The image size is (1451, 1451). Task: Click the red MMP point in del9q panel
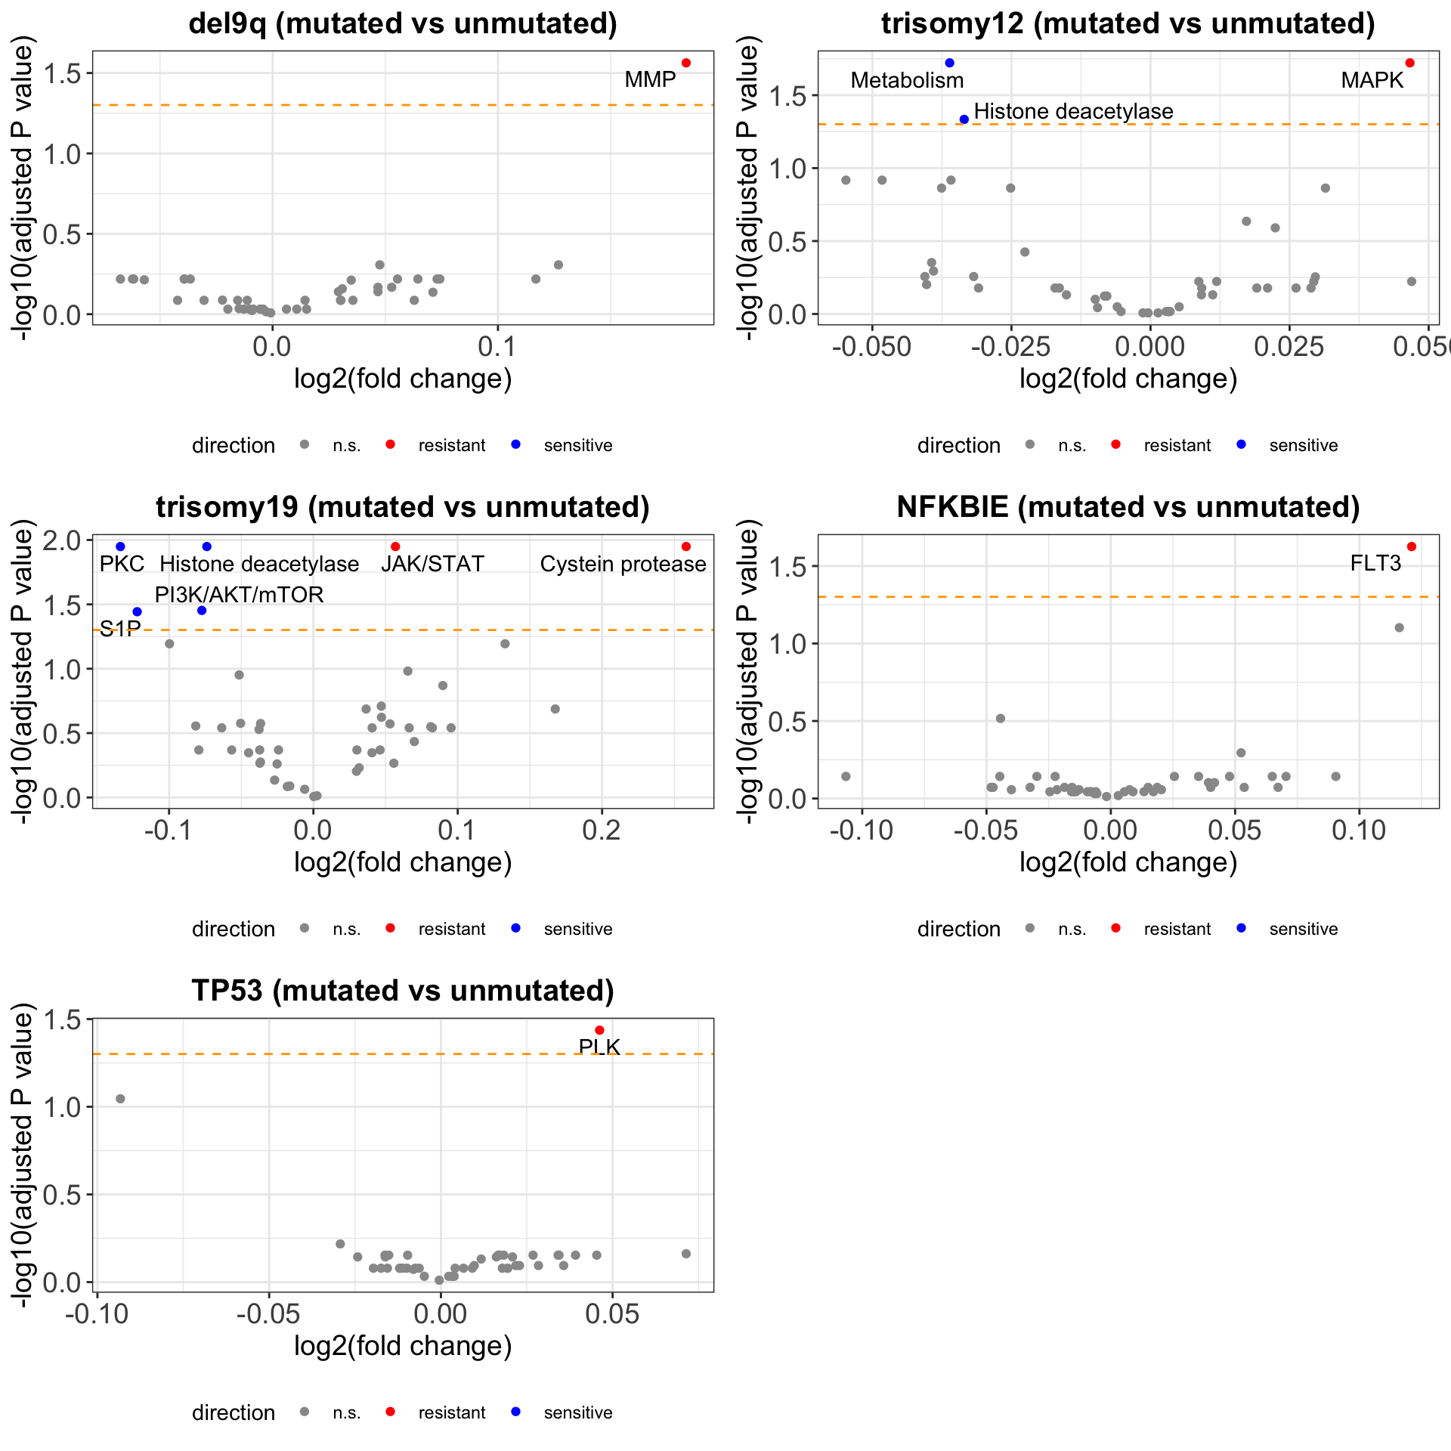pos(686,63)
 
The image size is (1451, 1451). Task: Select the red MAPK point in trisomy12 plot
pos(1409,63)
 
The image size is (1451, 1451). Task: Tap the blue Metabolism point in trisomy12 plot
pos(949,63)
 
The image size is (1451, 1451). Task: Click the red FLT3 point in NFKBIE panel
pos(1412,546)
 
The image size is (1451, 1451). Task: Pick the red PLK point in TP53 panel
pos(599,1030)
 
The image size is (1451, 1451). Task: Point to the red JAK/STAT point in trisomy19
pos(395,546)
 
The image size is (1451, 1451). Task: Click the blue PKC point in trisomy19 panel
pos(120,546)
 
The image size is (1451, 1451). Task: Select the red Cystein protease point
pos(686,546)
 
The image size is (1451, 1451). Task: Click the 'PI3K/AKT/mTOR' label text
pos(239,595)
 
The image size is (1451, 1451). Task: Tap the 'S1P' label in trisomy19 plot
pos(120,629)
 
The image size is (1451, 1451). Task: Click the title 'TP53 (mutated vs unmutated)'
pos(403,990)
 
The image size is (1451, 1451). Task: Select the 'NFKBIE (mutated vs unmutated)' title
pos(1128,506)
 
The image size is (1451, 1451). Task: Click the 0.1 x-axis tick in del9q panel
pos(497,347)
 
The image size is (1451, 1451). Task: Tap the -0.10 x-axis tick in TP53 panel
pos(96,1314)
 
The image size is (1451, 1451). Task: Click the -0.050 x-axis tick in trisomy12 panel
pos(871,347)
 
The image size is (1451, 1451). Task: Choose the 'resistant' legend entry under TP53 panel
pos(451,1412)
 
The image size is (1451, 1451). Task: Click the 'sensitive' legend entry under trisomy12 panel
pos(1303,445)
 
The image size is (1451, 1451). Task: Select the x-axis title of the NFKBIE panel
pos(1128,862)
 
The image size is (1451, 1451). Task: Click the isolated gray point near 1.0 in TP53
pos(120,1099)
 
